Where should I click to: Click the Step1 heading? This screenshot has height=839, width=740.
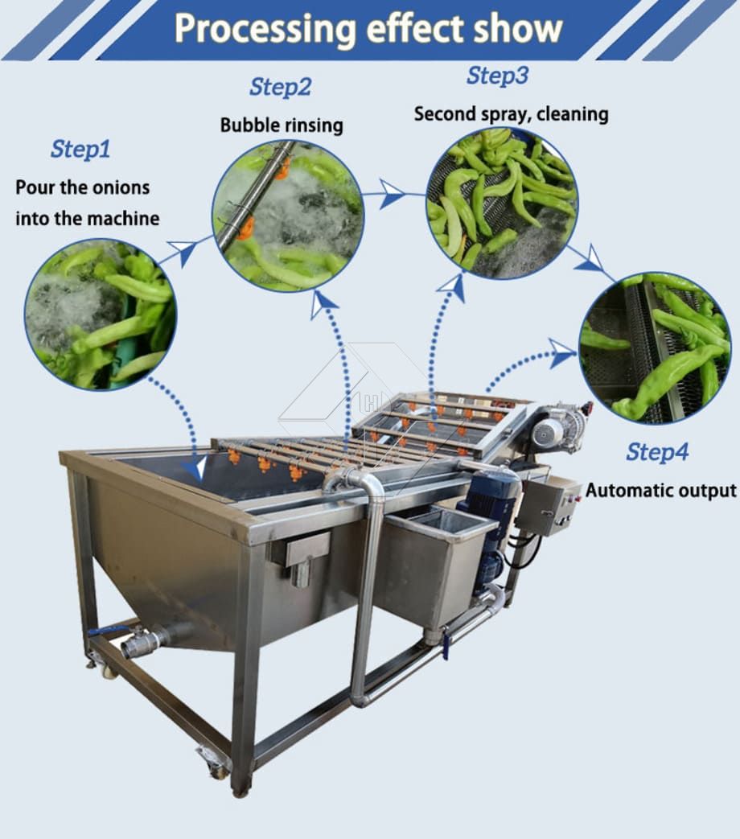(x=80, y=149)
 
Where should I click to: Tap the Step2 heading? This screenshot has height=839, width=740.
(x=280, y=87)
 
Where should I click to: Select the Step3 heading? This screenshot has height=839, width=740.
(x=497, y=76)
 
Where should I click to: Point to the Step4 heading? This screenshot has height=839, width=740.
(x=657, y=452)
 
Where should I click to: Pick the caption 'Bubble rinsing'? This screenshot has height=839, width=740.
(x=282, y=125)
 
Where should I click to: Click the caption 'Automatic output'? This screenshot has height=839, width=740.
(x=661, y=490)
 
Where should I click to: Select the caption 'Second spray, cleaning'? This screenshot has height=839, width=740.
(x=511, y=114)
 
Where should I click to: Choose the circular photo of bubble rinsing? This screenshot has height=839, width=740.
(x=289, y=216)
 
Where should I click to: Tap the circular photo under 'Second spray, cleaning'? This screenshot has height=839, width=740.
(x=502, y=203)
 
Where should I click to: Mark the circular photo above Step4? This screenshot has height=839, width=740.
(x=655, y=348)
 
